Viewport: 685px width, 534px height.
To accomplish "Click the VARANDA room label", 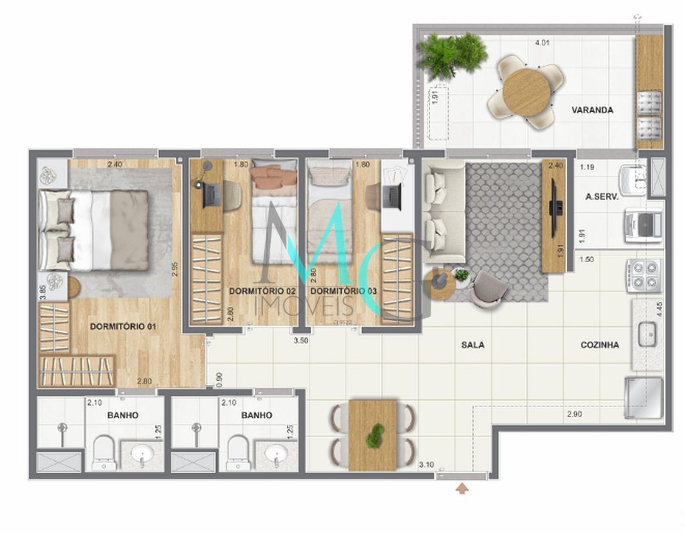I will tap(592, 110).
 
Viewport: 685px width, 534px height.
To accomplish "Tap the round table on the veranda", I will tap(526, 92).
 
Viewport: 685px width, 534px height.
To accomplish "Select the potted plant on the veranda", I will tap(453, 55).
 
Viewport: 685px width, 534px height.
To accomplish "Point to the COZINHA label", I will tap(599, 345).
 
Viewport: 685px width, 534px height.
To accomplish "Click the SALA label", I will tap(472, 345).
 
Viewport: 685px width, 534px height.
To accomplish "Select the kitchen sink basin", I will tap(647, 333).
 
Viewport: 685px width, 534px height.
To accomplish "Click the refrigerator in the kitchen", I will tap(644, 398).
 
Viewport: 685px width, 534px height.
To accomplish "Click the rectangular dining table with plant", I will tap(373, 434).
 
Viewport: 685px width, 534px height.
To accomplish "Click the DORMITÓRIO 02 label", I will tap(262, 291).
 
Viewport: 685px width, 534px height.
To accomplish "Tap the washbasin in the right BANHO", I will tap(276, 455).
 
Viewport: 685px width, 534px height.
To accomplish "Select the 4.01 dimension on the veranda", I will tap(542, 44).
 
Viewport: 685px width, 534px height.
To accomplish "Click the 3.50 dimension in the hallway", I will tap(302, 340).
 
